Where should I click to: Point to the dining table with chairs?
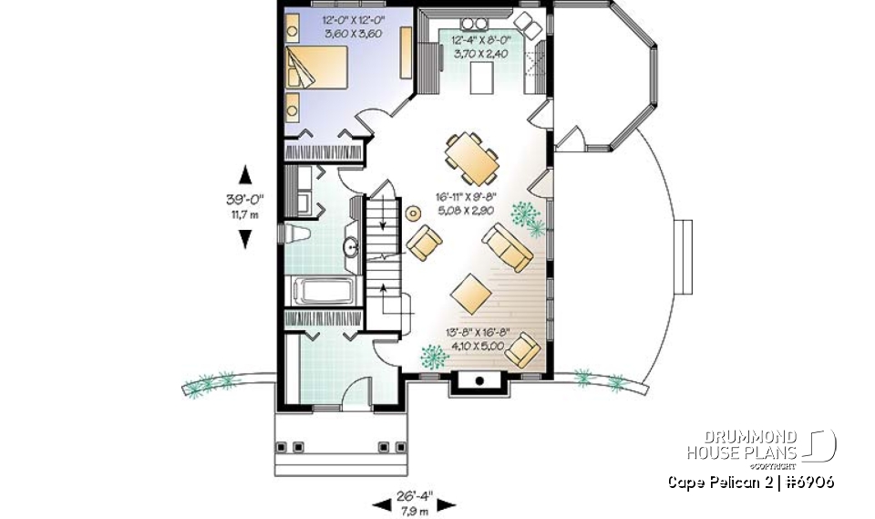(x=473, y=156)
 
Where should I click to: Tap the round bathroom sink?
(x=350, y=246)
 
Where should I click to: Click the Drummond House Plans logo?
(x=762, y=445)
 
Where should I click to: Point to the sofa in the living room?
(x=508, y=247)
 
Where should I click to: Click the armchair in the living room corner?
(x=523, y=351)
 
